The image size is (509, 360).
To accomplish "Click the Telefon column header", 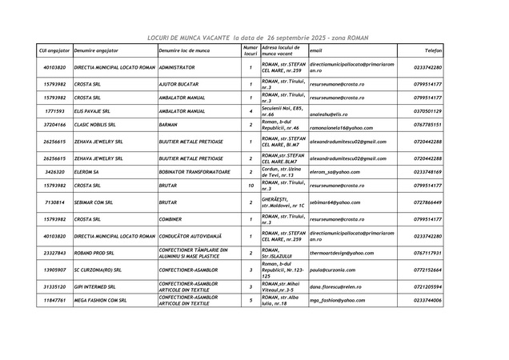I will [x=432, y=50].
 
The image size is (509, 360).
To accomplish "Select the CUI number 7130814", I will [x=54, y=202].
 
